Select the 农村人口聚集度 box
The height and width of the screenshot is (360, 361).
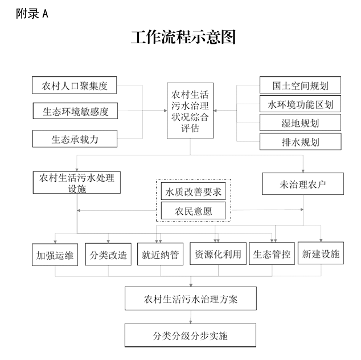tap(75, 86)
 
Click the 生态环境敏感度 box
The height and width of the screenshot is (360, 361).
tap(75, 112)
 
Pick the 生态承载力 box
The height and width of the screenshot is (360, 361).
tap(75, 138)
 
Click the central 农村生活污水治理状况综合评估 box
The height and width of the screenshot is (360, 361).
tap(190, 109)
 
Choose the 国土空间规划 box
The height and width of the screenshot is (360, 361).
tap(300, 86)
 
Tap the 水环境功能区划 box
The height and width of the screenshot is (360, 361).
tap(300, 104)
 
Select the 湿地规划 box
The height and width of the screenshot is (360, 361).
tap(300, 122)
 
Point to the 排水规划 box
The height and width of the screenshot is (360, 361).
tap(300, 141)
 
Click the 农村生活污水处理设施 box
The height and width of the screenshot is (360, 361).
tap(76, 183)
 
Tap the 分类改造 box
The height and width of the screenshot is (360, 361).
tap(108, 255)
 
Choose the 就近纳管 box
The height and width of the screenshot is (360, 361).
tap(160, 255)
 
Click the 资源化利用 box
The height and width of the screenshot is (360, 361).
tap(218, 254)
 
